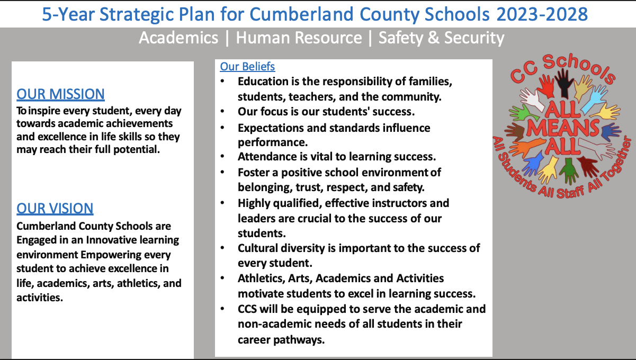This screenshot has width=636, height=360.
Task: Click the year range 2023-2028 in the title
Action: tap(542, 14)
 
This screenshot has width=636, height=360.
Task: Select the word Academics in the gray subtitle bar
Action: tap(178, 38)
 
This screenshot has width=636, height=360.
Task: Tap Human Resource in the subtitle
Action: tap(299, 38)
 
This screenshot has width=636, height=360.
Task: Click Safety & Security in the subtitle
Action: tap(441, 38)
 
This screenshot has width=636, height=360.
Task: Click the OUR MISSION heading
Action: tap(60, 94)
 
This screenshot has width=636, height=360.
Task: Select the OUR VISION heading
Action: tap(55, 209)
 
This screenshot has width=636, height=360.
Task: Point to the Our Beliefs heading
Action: tap(247, 67)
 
